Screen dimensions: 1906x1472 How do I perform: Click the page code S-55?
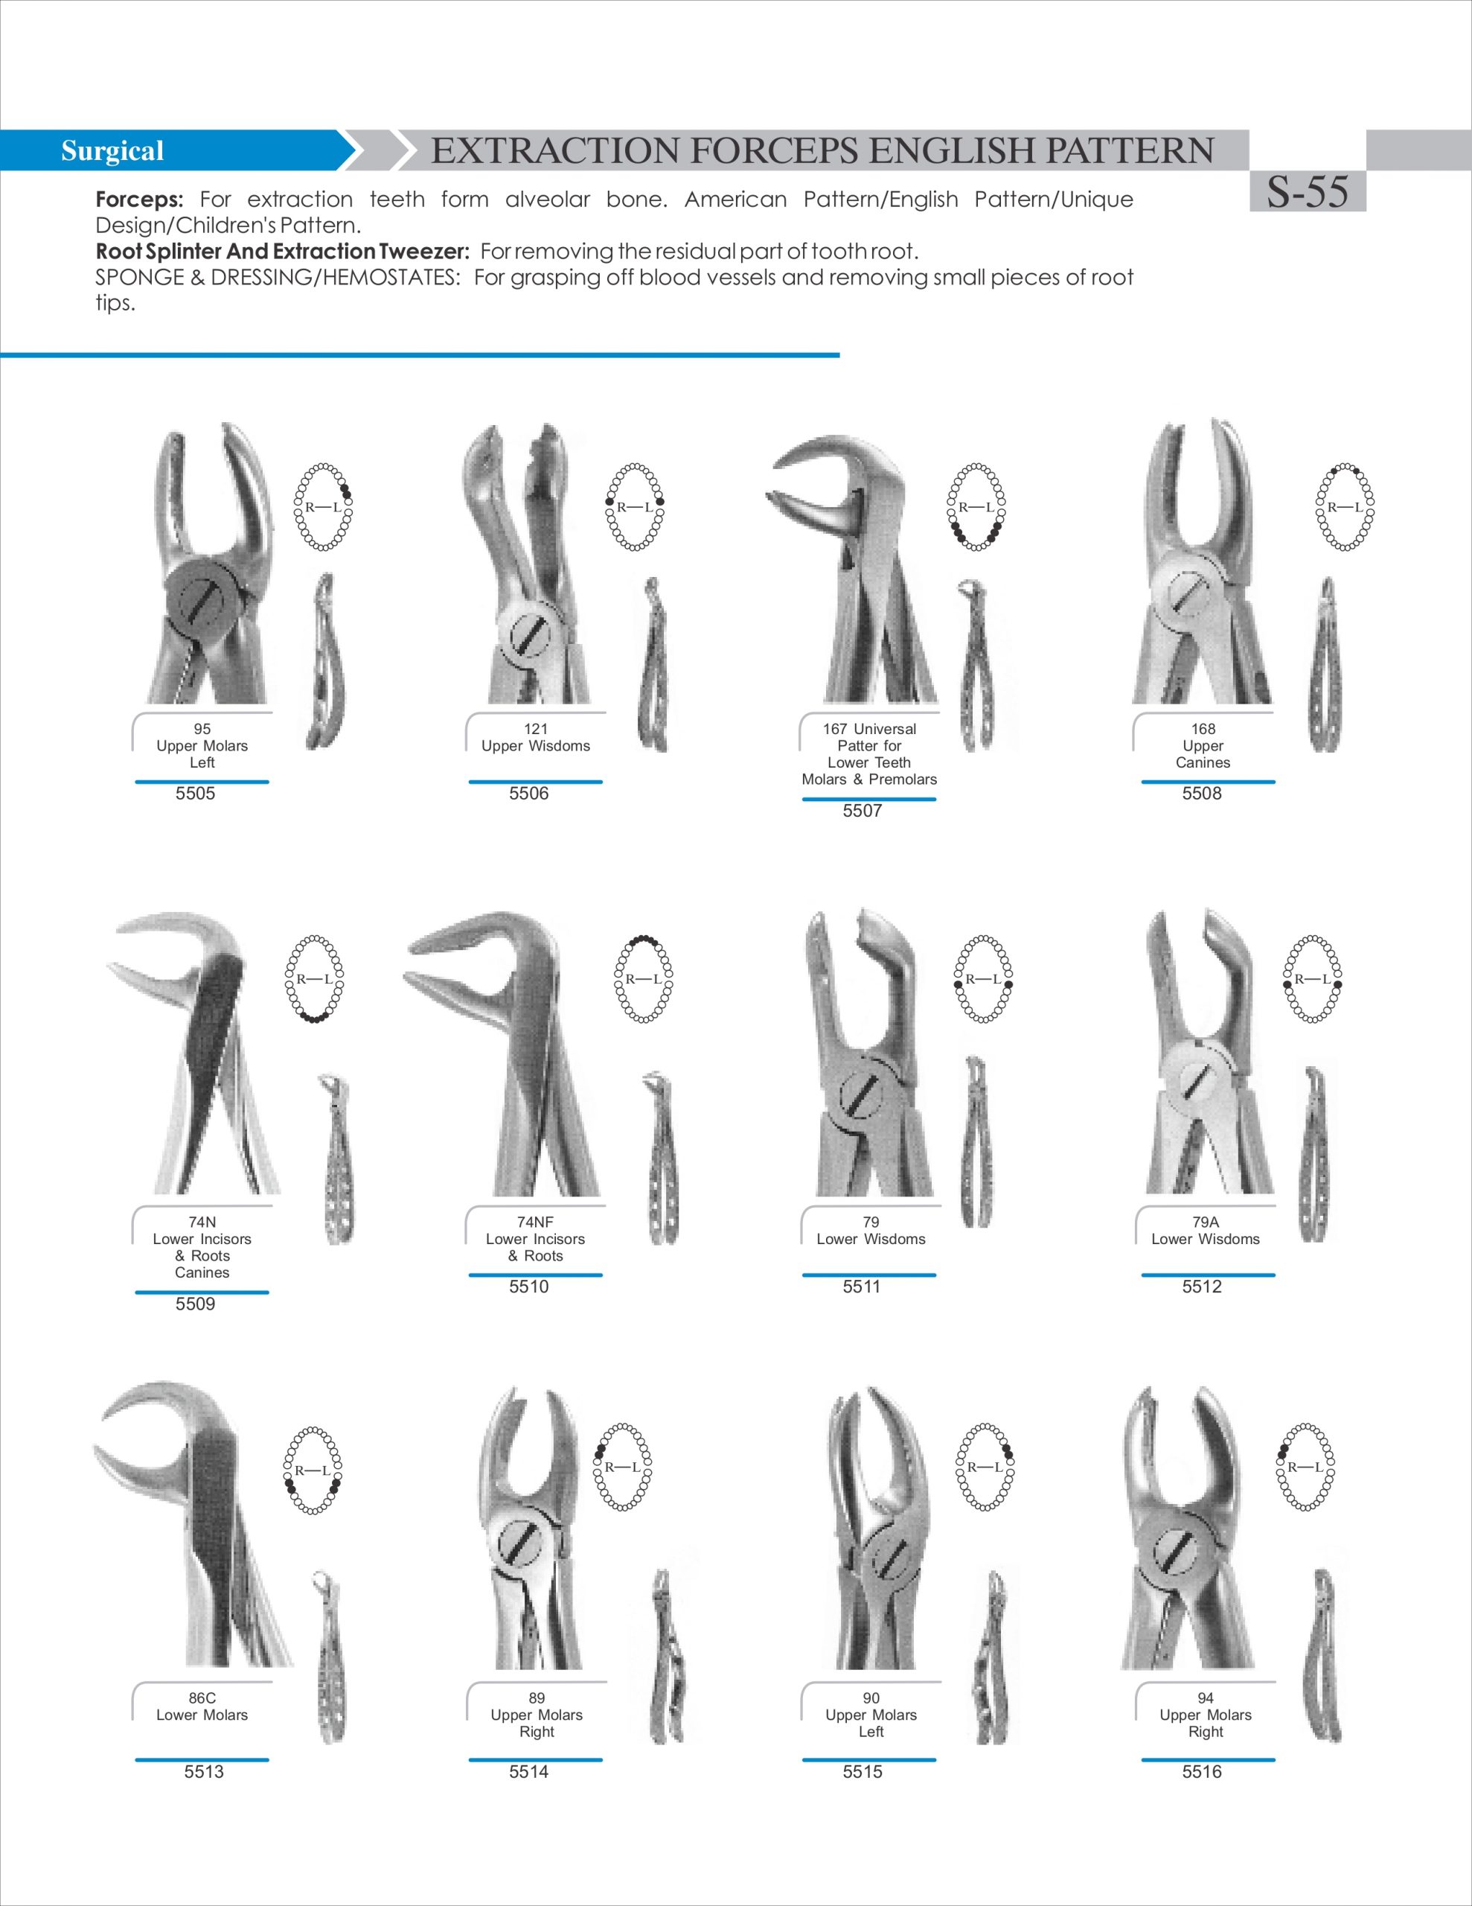click(x=1307, y=192)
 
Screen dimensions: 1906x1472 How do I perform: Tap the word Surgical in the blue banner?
click(x=112, y=151)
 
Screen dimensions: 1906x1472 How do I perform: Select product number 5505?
click(x=196, y=793)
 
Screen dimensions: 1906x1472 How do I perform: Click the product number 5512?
click(x=1202, y=1287)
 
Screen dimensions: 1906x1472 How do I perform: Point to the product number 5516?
click(x=1202, y=1771)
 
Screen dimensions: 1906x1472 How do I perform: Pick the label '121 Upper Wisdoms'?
click(x=536, y=737)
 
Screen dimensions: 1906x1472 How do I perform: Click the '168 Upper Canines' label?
click(x=1203, y=745)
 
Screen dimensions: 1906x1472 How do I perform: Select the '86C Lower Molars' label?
click(x=202, y=1706)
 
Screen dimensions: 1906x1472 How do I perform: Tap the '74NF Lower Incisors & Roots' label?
click(x=535, y=1238)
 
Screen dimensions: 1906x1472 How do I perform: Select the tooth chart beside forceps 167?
click(x=976, y=507)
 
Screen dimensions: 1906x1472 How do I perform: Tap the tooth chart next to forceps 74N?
click(x=314, y=979)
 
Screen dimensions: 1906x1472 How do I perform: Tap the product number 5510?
click(x=529, y=1287)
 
